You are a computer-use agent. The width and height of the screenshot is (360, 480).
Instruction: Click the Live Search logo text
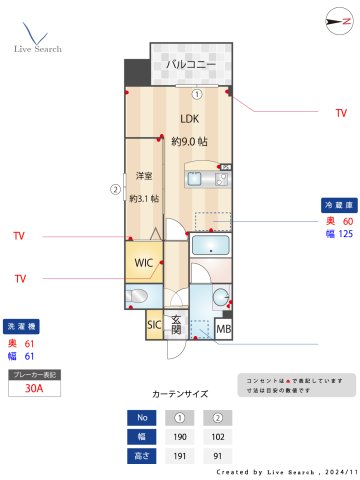point(38,48)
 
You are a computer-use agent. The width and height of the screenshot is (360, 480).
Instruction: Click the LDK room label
point(189,119)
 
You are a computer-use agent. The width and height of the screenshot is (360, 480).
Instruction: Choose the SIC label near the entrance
point(154,325)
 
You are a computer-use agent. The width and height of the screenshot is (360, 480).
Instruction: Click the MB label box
point(224,328)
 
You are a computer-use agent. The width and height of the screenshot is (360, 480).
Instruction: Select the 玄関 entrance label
point(176,325)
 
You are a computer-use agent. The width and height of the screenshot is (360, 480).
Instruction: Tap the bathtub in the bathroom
point(210,247)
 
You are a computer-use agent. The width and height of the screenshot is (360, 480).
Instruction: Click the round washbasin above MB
point(221,297)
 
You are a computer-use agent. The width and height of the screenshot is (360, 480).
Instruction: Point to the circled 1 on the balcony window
point(198,95)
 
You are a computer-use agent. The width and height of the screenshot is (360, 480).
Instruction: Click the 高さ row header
point(142,456)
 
